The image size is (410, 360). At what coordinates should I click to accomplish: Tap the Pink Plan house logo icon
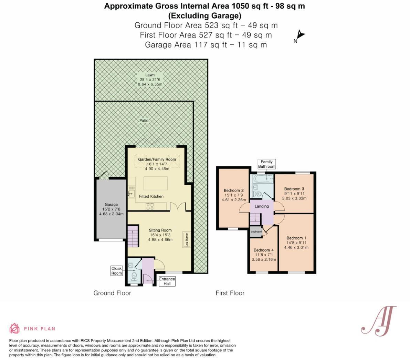point(14,328)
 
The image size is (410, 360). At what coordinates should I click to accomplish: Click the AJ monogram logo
point(378,320)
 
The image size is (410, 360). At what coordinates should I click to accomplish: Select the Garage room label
point(111,205)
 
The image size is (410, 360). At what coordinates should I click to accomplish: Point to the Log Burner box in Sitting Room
point(188,239)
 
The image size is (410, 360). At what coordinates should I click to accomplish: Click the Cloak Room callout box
point(116,271)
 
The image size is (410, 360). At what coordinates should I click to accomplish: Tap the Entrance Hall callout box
point(167,281)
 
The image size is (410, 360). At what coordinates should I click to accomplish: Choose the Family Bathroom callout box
point(267,164)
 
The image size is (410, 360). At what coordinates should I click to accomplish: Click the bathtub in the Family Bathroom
point(262,179)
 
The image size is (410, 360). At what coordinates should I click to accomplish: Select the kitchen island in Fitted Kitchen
point(156,183)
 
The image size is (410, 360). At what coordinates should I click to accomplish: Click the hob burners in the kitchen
point(150,206)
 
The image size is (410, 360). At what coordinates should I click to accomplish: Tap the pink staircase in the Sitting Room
point(133,236)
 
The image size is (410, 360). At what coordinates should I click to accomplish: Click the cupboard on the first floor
point(256,232)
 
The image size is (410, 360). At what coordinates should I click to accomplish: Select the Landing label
point(262,206)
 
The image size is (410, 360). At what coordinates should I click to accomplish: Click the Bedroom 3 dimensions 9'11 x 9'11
point(294,194)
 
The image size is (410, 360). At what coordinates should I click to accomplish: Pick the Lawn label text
point(150,75)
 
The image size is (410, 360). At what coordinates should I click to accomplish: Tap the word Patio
point(144,121)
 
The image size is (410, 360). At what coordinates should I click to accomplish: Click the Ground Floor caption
point(112,293)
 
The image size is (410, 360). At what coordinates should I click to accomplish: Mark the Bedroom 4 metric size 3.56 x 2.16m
point(264,260)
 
